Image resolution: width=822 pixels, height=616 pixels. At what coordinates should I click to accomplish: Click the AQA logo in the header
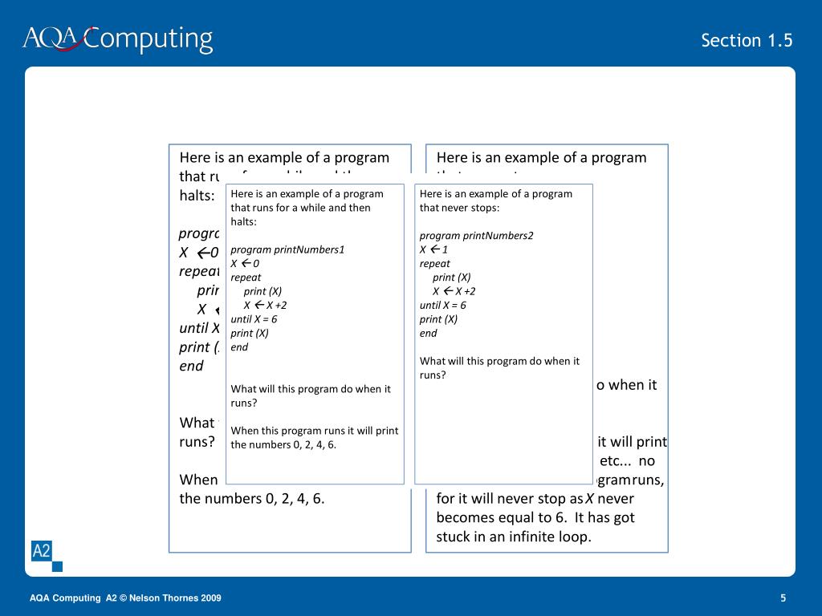coord(50,38)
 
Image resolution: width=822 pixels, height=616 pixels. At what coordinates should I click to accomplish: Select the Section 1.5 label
coord(747,40)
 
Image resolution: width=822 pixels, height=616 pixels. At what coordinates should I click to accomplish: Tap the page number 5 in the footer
coord(783,598)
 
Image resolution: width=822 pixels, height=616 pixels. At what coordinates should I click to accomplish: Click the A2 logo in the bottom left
coord(41,551)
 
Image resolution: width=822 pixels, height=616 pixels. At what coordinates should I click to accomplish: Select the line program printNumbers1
coord(287,249)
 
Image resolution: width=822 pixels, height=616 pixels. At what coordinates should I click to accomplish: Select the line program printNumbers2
coord(476,235)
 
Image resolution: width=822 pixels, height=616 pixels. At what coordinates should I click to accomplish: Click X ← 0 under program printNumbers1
coord(245,263)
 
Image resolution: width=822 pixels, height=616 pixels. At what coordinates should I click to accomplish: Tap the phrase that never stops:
coord(459,208)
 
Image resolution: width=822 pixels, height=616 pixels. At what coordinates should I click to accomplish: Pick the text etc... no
coord(628,461)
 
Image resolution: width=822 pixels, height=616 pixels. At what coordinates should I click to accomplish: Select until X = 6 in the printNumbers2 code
coord(442,305)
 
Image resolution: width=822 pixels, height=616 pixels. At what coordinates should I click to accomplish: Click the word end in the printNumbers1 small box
coord(239,347)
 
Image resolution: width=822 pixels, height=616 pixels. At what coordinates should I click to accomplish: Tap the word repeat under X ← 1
coord(434,263)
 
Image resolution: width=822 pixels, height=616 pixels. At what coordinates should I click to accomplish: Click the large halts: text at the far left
coord(197,196)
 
